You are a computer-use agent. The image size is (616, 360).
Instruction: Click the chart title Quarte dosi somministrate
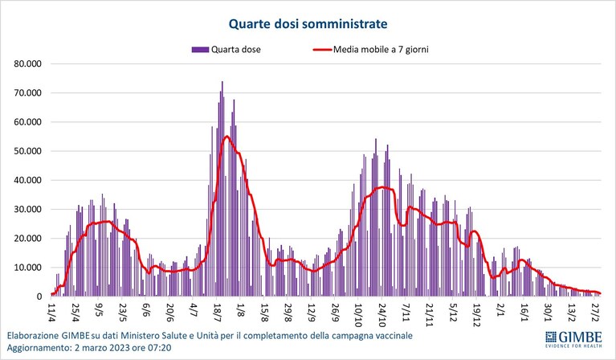(308, 24)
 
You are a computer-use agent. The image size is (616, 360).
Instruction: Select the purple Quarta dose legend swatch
(200, 50)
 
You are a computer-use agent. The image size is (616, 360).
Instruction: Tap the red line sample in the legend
(323, 50)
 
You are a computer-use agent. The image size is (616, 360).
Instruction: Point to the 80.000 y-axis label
(28, 63)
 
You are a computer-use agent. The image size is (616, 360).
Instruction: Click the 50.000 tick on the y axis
(28, 151)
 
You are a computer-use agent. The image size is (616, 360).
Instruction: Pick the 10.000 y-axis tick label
(28, 268)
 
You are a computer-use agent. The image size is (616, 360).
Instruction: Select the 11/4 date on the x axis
(51, 310)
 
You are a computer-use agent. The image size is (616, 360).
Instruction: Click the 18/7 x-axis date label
(217, 312)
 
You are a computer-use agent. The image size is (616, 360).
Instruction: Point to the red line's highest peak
(226, 136)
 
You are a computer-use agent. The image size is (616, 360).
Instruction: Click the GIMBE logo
(573, 339)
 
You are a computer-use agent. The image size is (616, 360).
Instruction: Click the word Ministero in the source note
(139, 336)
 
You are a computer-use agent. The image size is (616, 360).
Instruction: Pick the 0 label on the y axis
(39, 297)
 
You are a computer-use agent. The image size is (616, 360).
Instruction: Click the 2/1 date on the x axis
(500, 310)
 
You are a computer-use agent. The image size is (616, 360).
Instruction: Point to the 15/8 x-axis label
(264, 312)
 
